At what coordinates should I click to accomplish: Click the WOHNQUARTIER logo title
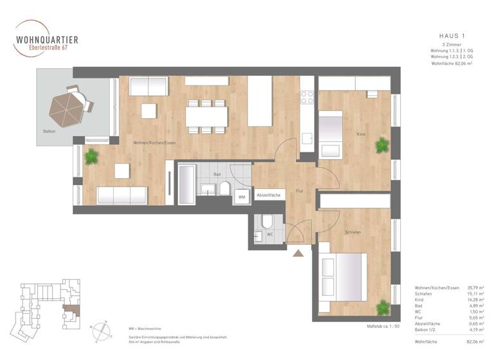pyautogui.click(x=47, y=40)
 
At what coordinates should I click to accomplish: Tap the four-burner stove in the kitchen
pyautogui.click(x=307, y=97)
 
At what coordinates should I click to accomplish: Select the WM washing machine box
pyautogui.click(x=242, y=197)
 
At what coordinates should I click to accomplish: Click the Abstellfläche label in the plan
pyautogui.click(x=269, y=195)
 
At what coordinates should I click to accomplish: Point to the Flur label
pyautogui.click(x=299, y=191)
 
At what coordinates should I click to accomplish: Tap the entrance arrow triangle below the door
pyautogui.click(x=298, y=253)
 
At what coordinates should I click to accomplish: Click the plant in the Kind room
pyautogui.click(x=382, y=145)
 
